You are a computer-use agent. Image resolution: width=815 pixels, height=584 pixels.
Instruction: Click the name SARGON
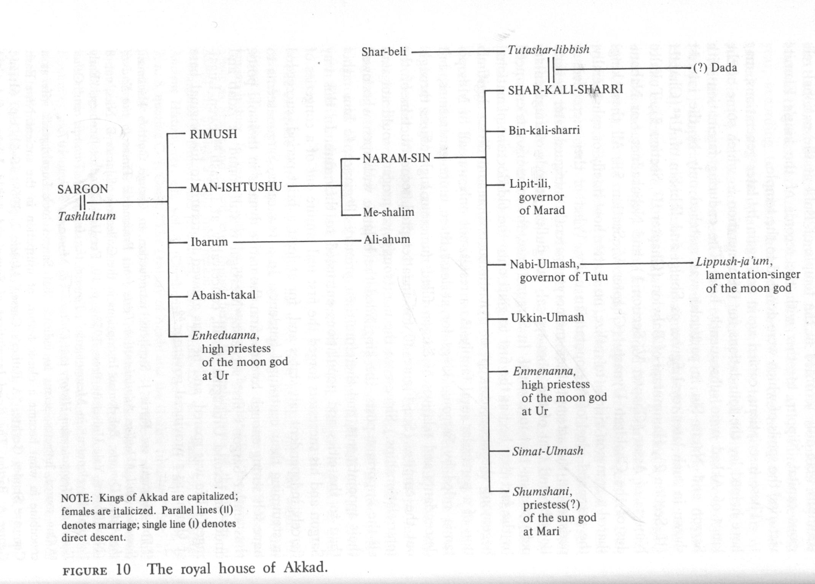(83, 189)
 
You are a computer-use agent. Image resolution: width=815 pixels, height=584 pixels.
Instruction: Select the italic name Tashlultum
(87, 216)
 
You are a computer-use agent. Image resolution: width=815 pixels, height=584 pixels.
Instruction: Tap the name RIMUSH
(213, 134)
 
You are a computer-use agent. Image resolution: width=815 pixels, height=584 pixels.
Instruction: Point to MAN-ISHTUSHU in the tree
(236, 187)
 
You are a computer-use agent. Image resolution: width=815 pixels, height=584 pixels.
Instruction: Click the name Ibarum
(209, 242)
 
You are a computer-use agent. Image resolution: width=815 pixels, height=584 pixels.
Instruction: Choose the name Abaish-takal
(223, 295)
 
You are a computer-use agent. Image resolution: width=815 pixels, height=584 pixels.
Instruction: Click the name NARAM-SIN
(396, 158)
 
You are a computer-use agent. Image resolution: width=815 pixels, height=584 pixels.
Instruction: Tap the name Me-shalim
(388, 212)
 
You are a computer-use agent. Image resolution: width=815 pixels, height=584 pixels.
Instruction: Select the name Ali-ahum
(387, 240)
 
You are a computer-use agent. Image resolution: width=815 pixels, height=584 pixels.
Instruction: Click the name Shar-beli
(384, 51)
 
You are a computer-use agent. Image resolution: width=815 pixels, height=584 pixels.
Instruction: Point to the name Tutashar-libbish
(548, 49)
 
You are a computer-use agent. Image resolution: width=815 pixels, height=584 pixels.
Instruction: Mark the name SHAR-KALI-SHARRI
(565, 89)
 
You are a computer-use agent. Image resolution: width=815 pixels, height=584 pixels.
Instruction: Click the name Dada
(724, 68)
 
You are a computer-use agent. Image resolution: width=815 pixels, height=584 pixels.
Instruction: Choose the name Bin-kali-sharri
(544, 130)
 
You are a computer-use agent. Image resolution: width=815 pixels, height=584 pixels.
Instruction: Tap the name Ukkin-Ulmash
(547, 317)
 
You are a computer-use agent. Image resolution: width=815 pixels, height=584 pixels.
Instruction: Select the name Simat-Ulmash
(548, 451)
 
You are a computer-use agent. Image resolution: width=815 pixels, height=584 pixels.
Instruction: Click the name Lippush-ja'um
(734, 262)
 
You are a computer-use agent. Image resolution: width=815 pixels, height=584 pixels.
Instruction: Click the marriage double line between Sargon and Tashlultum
(83, 202)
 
